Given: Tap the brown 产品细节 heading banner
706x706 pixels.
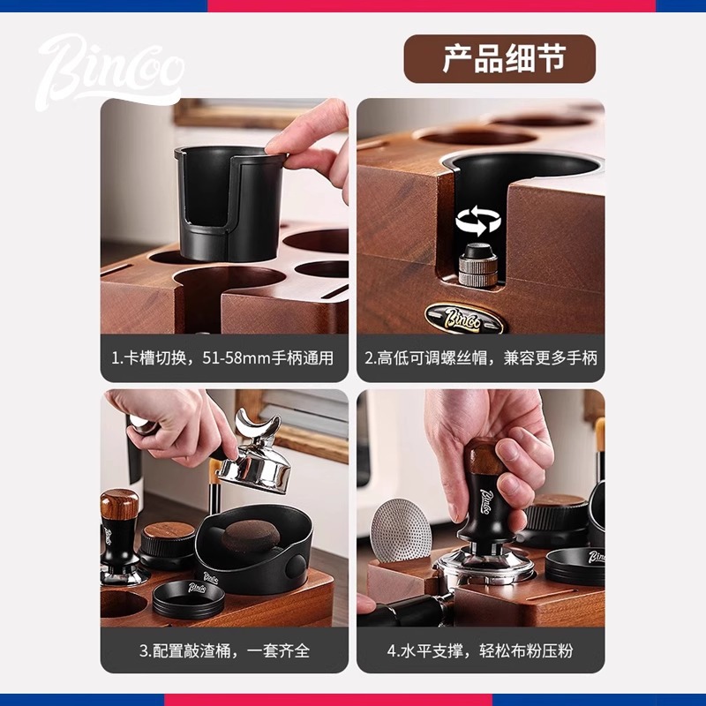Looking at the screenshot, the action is click(x=499, y=58).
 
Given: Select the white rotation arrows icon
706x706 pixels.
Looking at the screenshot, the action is click(x=478, y=220).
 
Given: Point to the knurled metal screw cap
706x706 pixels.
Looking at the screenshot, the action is click(x=478, y=265).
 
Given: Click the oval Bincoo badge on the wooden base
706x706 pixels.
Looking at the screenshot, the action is click(x=464, y=319).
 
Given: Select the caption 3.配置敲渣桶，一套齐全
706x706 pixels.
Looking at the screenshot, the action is click(x=224, y=650).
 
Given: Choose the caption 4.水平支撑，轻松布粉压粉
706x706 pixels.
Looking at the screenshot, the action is click(x=480, y=650).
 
